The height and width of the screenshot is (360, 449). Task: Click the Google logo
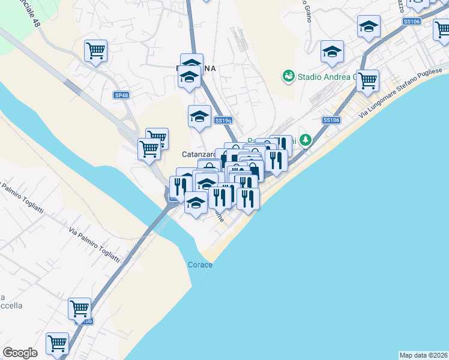pos(20,353)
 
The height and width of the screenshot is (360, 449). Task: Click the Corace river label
pos(200,265)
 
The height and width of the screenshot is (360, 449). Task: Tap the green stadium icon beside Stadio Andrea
pos(288,76)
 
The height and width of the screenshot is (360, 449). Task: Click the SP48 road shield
pos(121,95)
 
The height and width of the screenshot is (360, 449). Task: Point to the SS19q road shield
pos(223,120)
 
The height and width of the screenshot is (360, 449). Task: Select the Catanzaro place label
pos(199,154)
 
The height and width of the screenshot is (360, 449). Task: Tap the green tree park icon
pos(306,140)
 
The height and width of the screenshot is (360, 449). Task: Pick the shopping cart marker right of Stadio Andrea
pos(367,80)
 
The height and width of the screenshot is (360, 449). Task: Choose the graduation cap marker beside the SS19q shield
pos(199,116)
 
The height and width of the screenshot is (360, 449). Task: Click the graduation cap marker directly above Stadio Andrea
pos(331,52)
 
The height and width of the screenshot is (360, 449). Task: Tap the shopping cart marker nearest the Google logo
pos(57,344)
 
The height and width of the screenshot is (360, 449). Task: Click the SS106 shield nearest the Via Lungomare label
pos(331,120)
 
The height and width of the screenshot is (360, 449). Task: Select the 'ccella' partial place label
pos(11,305)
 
